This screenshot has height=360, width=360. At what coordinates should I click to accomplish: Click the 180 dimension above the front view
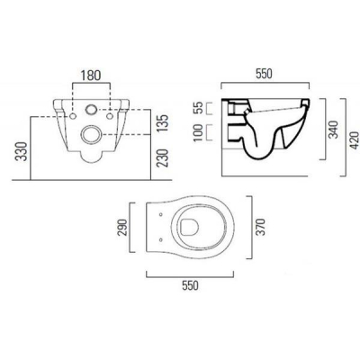[91, 76]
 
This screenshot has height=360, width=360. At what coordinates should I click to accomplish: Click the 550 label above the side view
[264, 74]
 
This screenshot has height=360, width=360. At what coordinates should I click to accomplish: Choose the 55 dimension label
[199, 108]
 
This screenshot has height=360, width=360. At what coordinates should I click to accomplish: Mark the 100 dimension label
[199, 132]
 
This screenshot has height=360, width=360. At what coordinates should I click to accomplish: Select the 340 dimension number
[333, 130]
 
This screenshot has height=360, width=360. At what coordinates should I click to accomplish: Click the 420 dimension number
[355, 140]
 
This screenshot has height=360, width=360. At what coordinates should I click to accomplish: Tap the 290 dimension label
[122, 227]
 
